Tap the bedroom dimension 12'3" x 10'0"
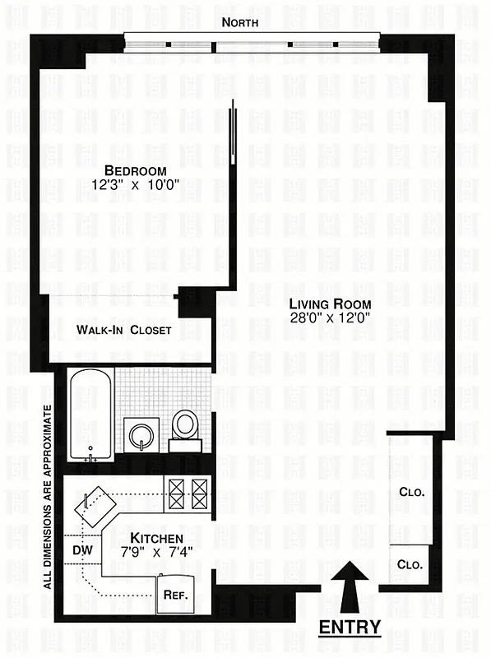[124, 188]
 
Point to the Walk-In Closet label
[124, 330]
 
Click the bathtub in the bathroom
[90, 415]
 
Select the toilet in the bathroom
[186, 428]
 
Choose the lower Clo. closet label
[410, 565]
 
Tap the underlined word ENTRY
[350, 627]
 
